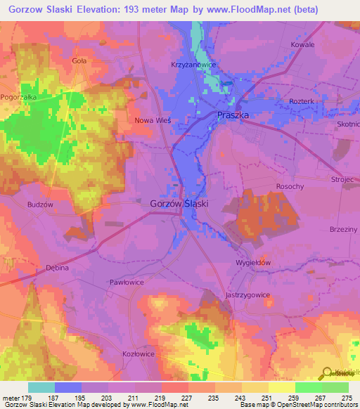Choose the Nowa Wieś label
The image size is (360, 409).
153,120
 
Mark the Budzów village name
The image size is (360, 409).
41,204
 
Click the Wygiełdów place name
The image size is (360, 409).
253,262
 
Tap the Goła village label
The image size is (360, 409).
79,61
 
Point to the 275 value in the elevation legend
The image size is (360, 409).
347,398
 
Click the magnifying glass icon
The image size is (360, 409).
326,374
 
